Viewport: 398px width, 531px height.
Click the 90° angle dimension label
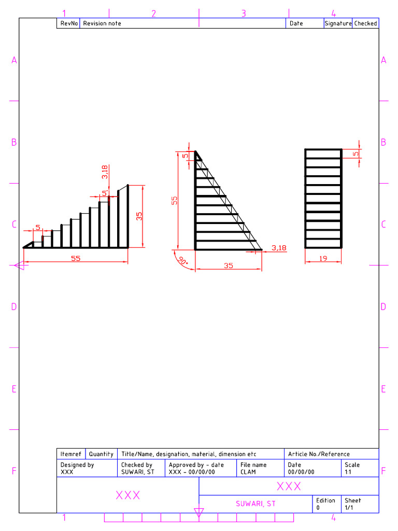coord(183,260)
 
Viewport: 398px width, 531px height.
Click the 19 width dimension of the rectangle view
coord(323,258)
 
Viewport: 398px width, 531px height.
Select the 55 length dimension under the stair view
coord(76,258)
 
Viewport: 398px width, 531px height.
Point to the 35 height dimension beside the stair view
coord(139,216)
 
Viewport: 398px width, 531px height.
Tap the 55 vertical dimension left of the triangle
coord(175,200)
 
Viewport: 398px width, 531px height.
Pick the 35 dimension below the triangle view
coord(229,265)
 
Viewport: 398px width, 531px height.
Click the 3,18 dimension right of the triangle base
coord(279,248)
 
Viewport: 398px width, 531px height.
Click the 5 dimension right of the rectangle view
coord(356,153)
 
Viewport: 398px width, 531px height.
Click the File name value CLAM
coord(248,472)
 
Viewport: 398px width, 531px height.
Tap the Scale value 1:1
coord(349,472)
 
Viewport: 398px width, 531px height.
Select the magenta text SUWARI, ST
coord(255,504)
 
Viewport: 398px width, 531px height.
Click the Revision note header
coord(102,23)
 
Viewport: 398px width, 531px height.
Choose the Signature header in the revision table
coord(338,23)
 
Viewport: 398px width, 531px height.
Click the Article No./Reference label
coord(319,454)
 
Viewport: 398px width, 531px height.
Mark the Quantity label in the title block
coord(101,454)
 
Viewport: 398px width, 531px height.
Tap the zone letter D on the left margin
coord(14,306)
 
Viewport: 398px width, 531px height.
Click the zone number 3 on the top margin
coord(244,14)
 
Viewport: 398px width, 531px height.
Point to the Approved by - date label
coord(196,465)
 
